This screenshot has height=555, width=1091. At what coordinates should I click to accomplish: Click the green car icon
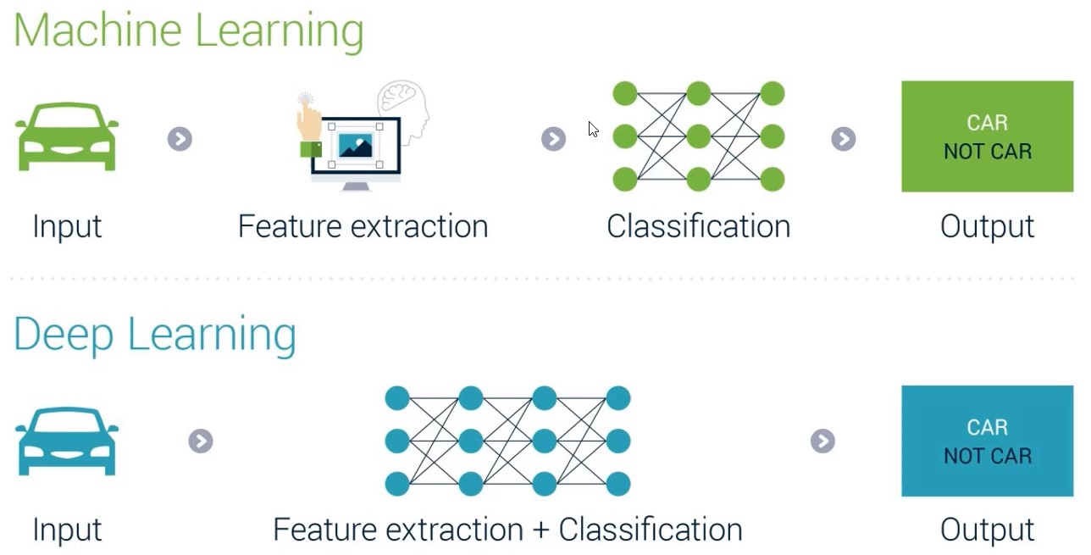(67, 136)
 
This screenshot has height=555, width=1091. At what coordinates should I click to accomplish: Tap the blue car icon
(67, 441)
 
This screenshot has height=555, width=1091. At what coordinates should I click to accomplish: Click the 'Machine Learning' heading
(189, 31)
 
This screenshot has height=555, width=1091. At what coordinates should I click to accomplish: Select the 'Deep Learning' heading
(155, 335)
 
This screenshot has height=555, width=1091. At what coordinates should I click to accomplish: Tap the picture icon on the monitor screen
(356, 145)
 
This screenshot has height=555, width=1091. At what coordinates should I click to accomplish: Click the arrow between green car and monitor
(180, 139)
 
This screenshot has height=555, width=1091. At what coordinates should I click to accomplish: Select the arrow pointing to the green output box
(844, 139)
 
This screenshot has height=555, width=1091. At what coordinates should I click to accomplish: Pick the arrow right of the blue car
(201, 441)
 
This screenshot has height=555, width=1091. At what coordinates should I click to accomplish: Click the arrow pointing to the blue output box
(822, 441)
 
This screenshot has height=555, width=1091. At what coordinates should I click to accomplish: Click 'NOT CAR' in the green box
(988, 152)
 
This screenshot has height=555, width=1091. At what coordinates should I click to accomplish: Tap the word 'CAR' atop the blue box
(988, 427)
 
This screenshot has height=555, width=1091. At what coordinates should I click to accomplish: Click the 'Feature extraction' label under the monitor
(363, 226)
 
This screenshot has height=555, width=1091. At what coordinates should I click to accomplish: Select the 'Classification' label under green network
(699, 226)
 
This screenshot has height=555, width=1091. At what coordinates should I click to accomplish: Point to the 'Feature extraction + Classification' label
(508, 530)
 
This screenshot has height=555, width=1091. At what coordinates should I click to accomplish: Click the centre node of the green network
(699, 136)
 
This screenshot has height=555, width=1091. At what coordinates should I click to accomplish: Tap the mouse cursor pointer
(593, 130)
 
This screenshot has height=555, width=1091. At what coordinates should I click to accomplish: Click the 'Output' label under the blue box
(988, 530)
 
